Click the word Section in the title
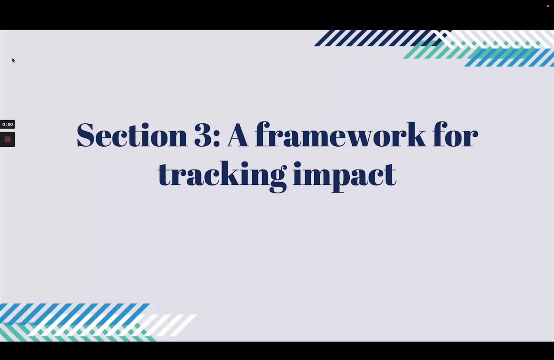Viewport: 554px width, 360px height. [132, 135]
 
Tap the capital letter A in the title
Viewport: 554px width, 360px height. [238, 135]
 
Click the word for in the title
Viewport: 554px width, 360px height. [455, 135]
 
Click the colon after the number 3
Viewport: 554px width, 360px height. [216, 139]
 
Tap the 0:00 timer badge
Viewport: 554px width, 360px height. [7, 124]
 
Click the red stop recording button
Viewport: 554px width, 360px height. [7, 140]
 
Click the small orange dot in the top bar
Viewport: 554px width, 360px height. [548, 6]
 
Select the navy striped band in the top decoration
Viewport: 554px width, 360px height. [381, 38]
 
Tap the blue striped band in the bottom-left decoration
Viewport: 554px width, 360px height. [74, 314]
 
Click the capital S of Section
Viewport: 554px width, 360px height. [86, 135]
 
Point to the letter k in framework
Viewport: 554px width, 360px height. [415, 135]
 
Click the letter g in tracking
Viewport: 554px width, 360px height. [278, 179]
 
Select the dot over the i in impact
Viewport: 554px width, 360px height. [298, 164]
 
